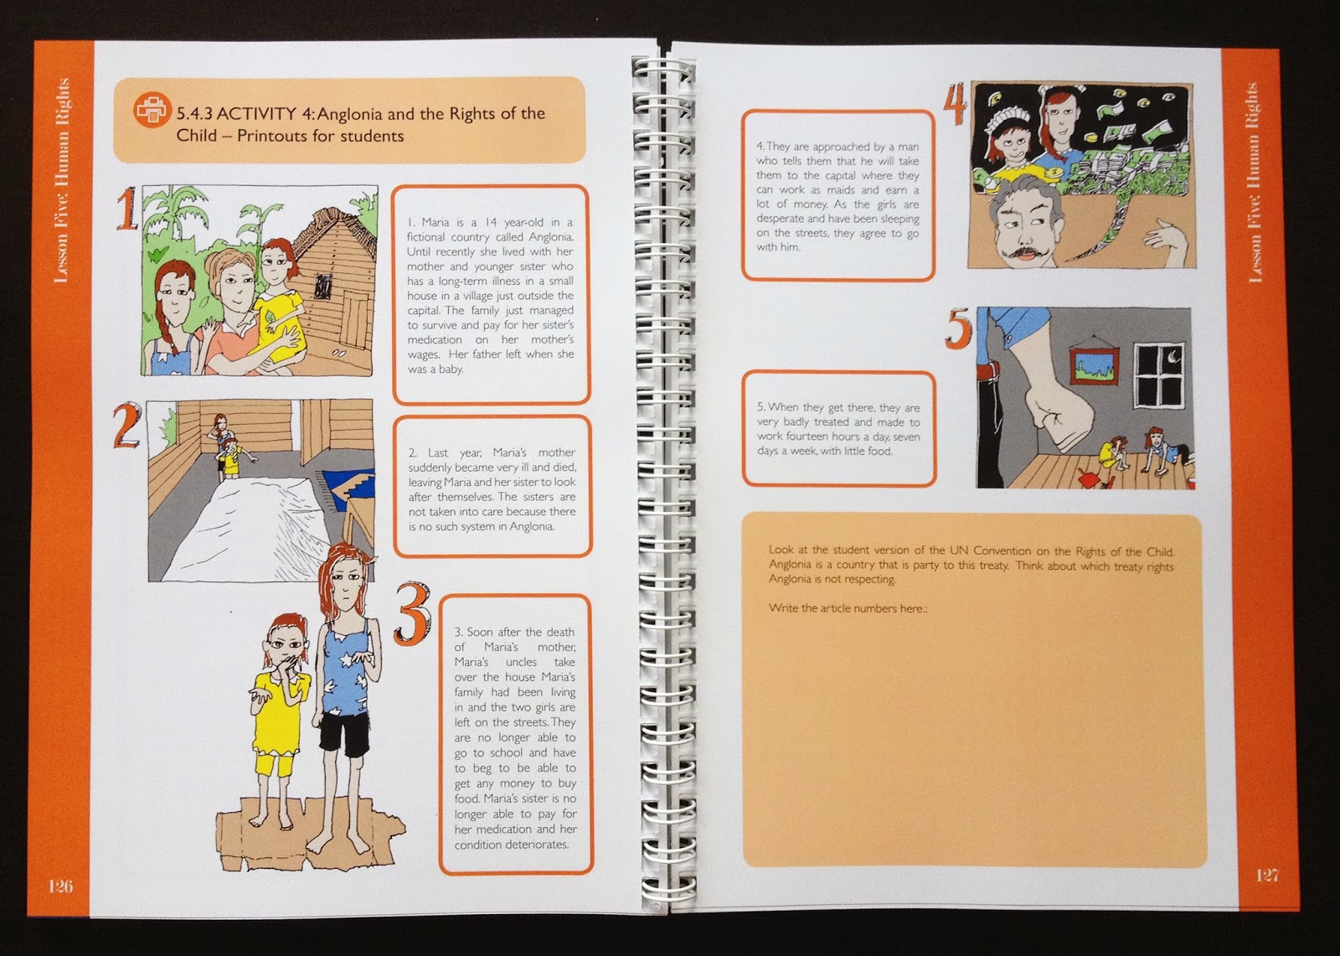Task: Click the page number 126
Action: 60,886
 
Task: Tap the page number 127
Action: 1268,876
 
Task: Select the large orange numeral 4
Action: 956,104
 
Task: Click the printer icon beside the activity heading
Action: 152,109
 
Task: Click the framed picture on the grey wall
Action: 1092,366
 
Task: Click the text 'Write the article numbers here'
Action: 847,608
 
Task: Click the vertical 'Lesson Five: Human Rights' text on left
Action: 62,180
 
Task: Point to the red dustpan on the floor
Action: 1092,479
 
